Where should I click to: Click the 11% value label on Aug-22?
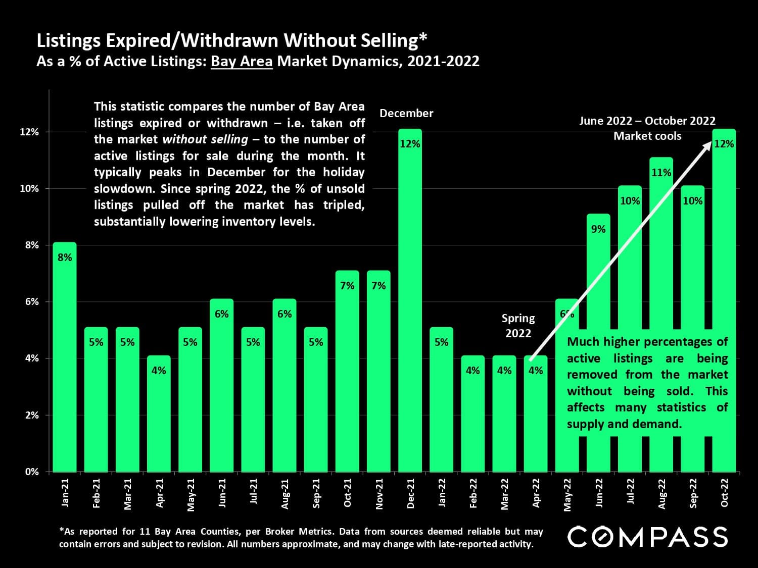tap(661, 173)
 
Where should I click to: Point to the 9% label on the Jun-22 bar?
tap(598, 229)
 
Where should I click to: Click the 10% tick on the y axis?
tap(29, 189)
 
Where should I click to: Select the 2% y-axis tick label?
tap(32, 415)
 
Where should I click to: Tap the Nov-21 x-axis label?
tap(380, 494)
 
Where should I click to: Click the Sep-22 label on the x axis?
tap(693, 494)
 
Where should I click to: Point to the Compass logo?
tap(647, 537)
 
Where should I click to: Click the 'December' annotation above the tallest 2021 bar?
tap(406, 114)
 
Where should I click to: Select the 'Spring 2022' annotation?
tap(518, 326)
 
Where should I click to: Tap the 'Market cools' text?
tap(647, 136)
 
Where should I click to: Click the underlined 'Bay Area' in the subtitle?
tap(242, 62)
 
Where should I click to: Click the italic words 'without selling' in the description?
tap(205, 139)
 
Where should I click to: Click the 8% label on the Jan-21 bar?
tap(65, 257)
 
